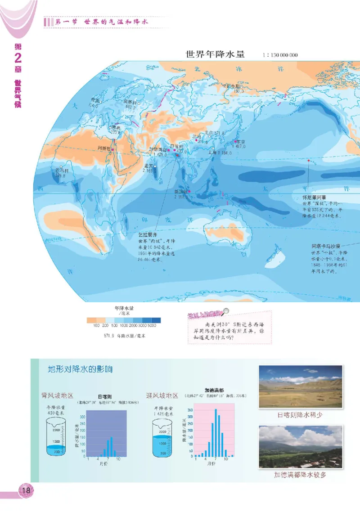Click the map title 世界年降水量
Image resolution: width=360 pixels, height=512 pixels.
[x=215, y=54]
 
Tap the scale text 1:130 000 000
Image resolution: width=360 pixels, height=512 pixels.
[x=279, y=55]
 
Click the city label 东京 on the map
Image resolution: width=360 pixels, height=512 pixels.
[x=240, y=141]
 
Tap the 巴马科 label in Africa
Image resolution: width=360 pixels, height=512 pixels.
[x=62, y=171]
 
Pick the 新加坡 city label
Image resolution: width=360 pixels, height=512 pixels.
[x=181, y=191]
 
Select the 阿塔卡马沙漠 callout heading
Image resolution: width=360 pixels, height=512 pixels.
[x=328, y=247]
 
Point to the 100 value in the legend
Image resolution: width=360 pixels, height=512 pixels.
[x=96, y=325]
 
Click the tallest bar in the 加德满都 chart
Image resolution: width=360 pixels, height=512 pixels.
[x=215, y=432]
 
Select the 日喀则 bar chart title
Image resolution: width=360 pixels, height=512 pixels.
[x=105, y=397]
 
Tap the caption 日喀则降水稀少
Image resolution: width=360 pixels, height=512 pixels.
[x=300, y=415]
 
